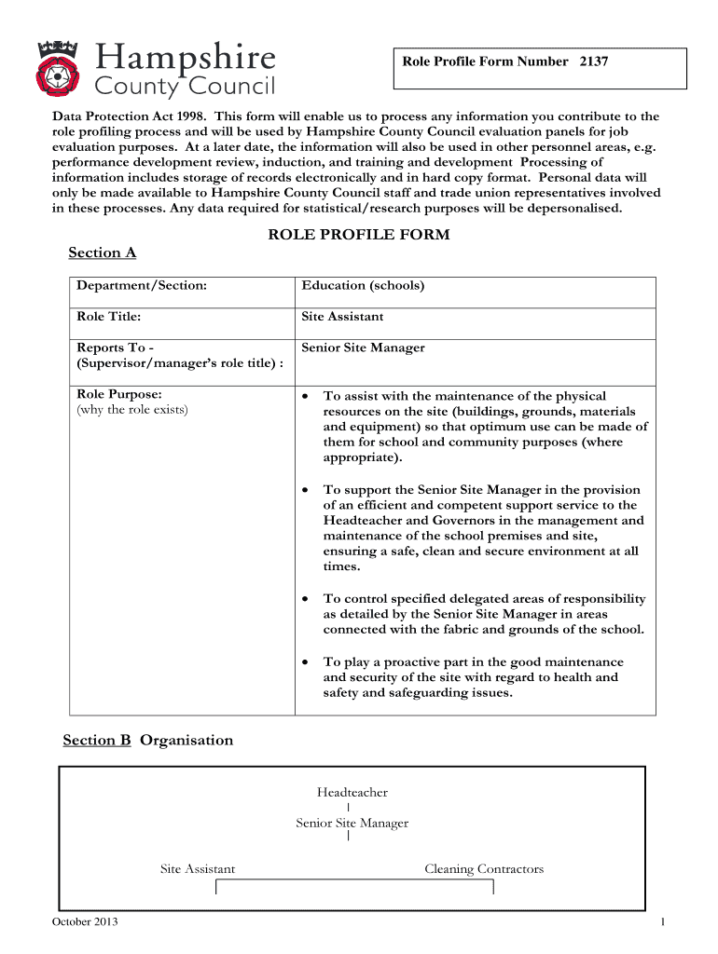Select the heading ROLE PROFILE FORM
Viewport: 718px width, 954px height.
point(359,235)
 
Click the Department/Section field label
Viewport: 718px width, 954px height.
point(142,285)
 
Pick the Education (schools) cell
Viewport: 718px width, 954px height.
point(363,285)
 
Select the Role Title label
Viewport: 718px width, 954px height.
point(109,317)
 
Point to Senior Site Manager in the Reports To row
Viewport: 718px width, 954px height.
point(363,348)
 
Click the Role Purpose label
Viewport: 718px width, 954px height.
point(119,395)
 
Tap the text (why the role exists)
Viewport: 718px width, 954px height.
point(132,410)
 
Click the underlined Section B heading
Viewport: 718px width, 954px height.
point(97,740)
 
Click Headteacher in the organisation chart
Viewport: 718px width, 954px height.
point(352,793)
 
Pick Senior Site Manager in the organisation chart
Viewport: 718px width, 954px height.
point(352,824)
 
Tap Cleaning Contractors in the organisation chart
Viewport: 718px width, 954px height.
point(483,869)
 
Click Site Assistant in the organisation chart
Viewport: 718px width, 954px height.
point(198,869)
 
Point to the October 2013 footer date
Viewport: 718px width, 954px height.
point(85,922)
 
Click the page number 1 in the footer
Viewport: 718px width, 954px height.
point(661,922)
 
